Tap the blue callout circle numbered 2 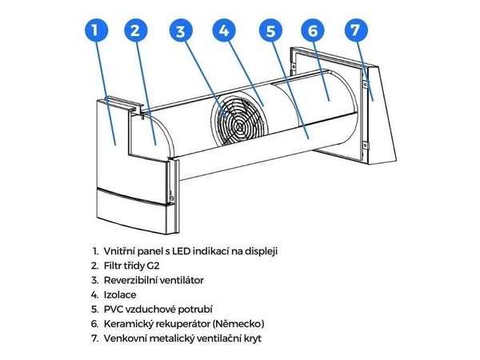point(135,31)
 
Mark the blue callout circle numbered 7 point(353,31)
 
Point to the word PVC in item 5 point(114,309)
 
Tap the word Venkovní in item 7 point(126,338)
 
